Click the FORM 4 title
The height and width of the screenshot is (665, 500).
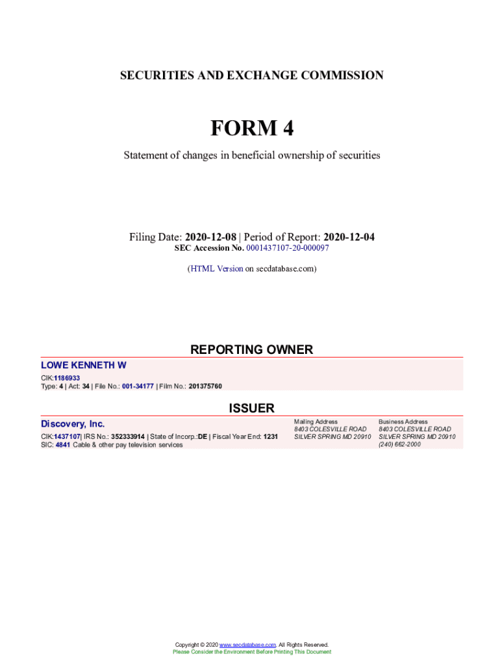pos(251,129)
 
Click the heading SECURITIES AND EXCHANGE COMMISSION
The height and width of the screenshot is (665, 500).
pos(251,76)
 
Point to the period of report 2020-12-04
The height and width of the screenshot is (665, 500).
pos(349,237)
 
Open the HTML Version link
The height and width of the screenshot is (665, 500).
pos(216,268)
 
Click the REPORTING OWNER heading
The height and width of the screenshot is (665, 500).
pos(251,350)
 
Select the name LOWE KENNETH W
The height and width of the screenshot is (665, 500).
pos(84,366)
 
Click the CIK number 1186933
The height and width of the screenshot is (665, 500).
pos(67,378)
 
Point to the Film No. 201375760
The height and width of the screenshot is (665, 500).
pos(205,386)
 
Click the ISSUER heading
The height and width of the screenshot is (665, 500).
pos(251,408)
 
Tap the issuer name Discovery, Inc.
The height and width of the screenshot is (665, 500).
pos(73,424)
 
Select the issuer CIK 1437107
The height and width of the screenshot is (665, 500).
pos(67,437)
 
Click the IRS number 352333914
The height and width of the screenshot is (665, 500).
pos(128,437)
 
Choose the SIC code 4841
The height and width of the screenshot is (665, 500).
pos(62,445)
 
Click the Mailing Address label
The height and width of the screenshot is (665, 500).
pos(316,422)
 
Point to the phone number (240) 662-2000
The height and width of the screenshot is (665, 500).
pos(399,445)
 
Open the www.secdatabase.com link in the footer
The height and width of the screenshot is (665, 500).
pos(248,645)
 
